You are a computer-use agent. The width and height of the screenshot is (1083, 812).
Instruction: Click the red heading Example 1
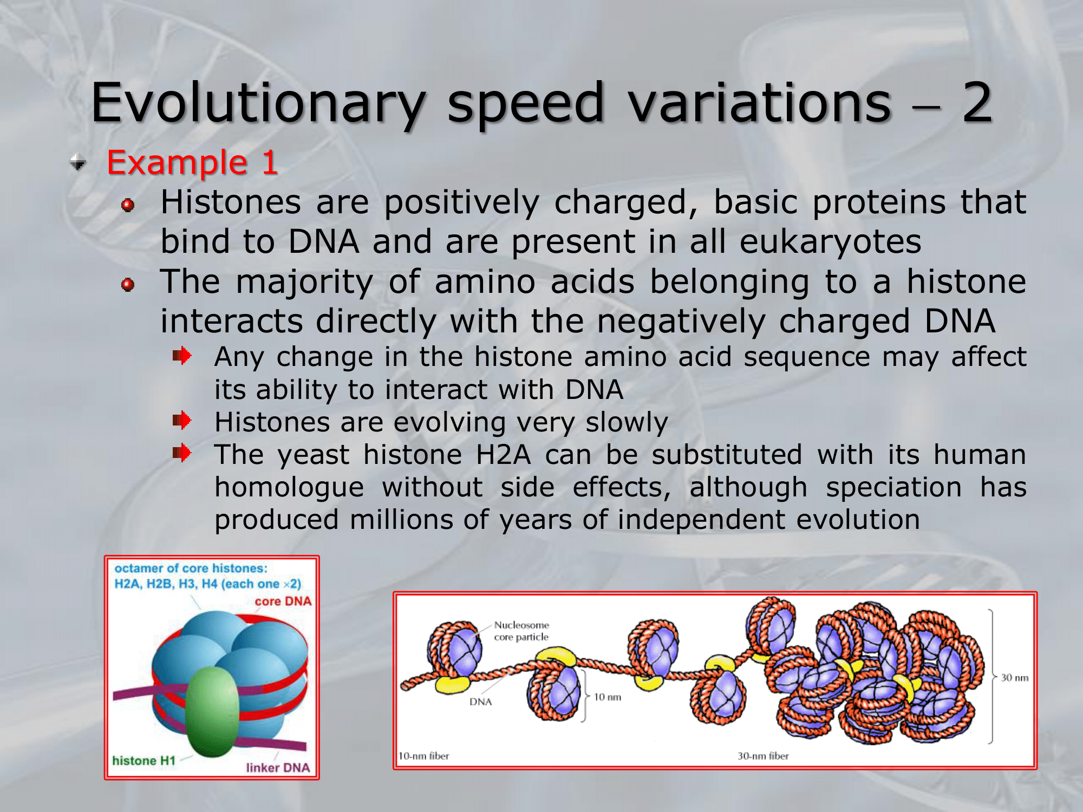(192, 162)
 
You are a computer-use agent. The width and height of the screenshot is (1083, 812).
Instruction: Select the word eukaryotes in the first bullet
(830, 241)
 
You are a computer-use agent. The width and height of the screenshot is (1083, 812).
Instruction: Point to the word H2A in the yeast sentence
(503, 454)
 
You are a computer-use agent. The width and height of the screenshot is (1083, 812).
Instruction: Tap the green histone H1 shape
(212, 711)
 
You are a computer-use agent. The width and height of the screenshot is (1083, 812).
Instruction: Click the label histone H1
(144, 761)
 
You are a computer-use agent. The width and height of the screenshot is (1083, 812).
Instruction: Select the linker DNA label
(278, 768)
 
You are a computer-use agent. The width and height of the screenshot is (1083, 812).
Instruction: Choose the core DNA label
(283, 601)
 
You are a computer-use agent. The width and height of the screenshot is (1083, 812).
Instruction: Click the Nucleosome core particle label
(521, 631)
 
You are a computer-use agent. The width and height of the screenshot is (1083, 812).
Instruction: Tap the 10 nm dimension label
(608, 697)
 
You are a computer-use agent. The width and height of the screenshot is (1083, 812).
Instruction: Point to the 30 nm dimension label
(1015, 677)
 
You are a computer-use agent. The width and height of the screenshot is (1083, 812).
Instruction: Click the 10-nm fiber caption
(424, 756)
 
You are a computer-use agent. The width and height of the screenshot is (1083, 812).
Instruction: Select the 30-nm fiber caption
(763, 756)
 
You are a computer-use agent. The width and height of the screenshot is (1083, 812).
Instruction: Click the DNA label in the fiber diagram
(480, 702)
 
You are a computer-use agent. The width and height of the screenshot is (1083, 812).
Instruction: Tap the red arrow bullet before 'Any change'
(182, 356)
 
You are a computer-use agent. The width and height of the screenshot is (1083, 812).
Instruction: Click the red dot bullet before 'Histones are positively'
(128, 205)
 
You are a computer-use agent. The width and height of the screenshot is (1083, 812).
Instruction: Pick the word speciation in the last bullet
(893, 487)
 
